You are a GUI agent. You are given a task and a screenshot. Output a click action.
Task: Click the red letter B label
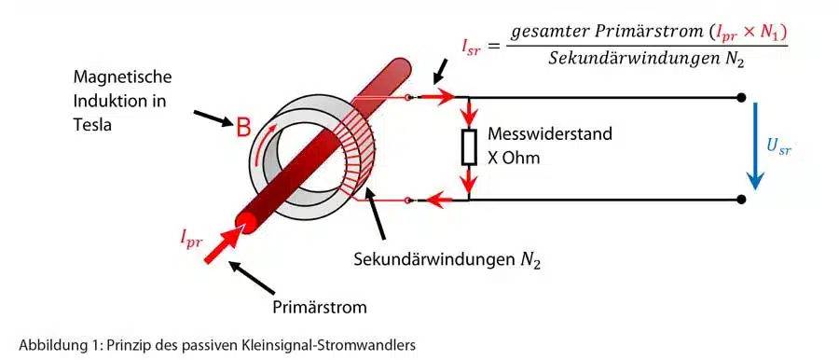click(241, 130)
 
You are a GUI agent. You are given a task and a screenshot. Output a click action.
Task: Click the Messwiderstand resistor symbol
click(470, 146)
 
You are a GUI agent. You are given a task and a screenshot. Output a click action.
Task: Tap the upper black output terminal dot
click(741, 97)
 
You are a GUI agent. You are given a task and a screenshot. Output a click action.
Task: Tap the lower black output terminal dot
click(741, 199)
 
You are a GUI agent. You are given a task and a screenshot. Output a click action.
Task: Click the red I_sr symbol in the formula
click(474, 44)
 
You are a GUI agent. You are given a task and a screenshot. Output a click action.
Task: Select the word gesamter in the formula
click(543, 30)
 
